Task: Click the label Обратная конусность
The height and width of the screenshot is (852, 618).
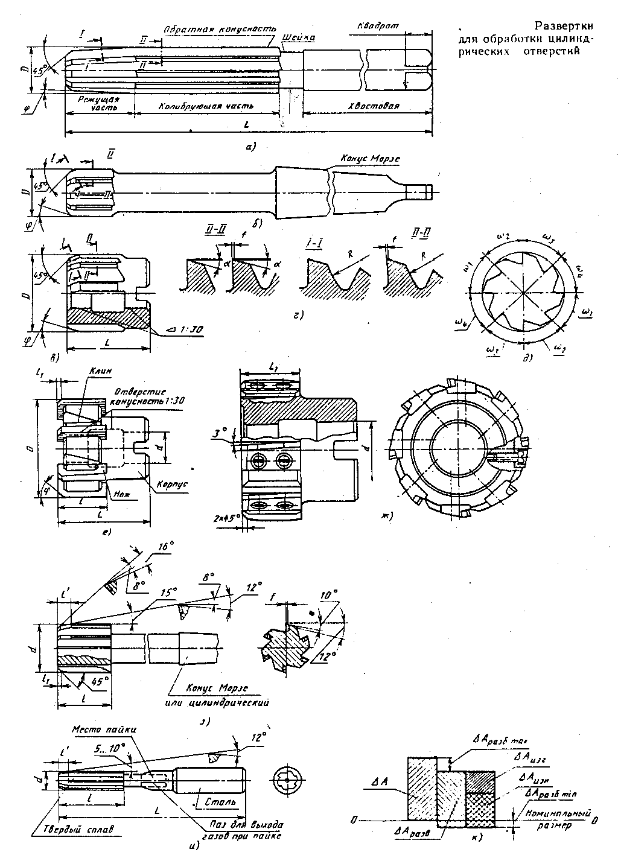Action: pos(220,29)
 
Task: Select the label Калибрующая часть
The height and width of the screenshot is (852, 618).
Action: pos(206,106)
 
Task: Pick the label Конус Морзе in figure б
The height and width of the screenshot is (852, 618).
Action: pos(371,158)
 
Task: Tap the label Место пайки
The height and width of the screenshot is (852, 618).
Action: pos(104,729)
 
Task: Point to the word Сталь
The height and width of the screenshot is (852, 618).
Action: pos(216,803)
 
